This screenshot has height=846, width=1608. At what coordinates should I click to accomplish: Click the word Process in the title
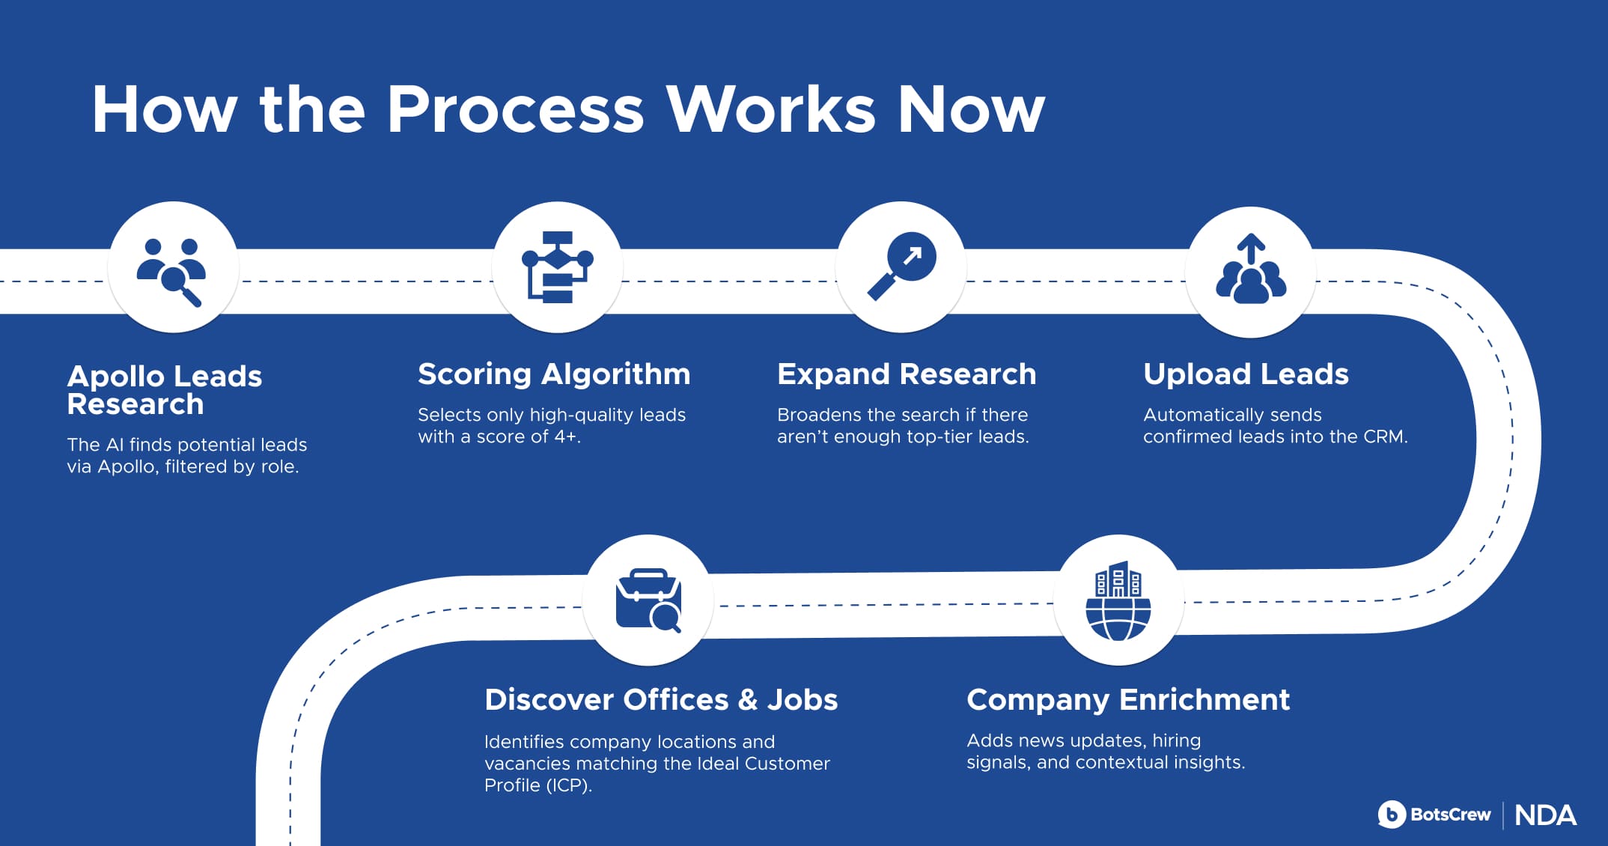[515, 109]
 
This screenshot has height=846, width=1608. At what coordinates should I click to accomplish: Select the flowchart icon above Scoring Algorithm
[557, 267]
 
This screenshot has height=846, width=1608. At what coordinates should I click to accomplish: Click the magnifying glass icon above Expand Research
[901, 266]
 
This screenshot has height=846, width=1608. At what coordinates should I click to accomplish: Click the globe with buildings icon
[1118, 600]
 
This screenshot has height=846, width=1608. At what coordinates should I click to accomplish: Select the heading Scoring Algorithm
[554, 374]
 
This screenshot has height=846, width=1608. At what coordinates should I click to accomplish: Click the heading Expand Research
[907, 374]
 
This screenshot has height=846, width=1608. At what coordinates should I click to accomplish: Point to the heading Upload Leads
[1246, 374]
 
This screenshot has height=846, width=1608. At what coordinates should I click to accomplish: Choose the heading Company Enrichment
[1128, 699]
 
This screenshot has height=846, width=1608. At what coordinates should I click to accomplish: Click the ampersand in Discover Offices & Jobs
[748, 699]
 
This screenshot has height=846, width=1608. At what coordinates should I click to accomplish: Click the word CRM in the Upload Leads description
[1384, 436]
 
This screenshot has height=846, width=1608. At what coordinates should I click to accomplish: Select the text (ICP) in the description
[568, 785]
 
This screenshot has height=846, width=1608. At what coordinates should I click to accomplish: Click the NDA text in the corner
[1545, 815]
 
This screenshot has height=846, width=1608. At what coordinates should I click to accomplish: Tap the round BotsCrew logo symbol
[1392, 815]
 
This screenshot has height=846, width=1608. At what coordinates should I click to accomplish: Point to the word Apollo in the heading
[115, 377]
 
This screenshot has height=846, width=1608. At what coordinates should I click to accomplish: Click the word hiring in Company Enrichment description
[1176, 740]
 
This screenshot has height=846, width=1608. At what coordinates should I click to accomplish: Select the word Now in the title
[970, 109]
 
